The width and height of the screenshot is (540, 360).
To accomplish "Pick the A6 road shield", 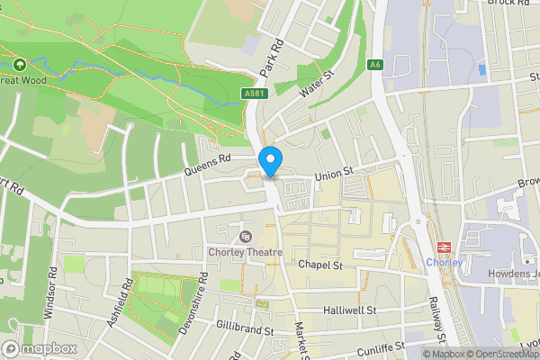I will pos(375,65).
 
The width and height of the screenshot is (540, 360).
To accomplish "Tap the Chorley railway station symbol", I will pos(443,247).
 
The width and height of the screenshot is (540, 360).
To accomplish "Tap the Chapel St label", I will pos(322,265).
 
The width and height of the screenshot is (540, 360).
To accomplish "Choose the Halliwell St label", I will pos(349,310).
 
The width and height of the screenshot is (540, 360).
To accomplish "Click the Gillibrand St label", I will pos(244,328).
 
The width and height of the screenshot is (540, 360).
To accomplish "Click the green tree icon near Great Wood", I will pos(20,65).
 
